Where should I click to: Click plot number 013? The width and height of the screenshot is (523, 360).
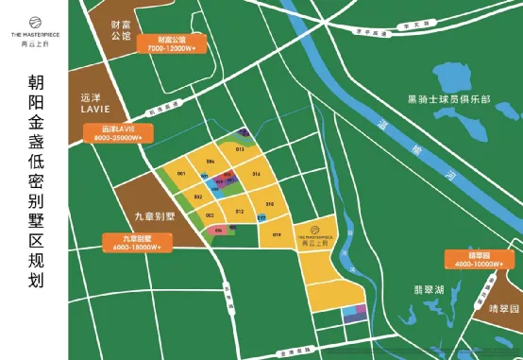click(240, 149)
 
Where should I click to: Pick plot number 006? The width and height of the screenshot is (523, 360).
click(210, 162)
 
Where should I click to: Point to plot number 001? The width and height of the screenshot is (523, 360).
click(179, 175)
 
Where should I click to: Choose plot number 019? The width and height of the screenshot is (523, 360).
click(277, 234)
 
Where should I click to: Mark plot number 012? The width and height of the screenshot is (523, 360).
click(240, 211)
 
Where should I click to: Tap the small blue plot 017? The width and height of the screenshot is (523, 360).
click(261, 218)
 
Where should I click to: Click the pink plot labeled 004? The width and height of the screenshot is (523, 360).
click(219, 229)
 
